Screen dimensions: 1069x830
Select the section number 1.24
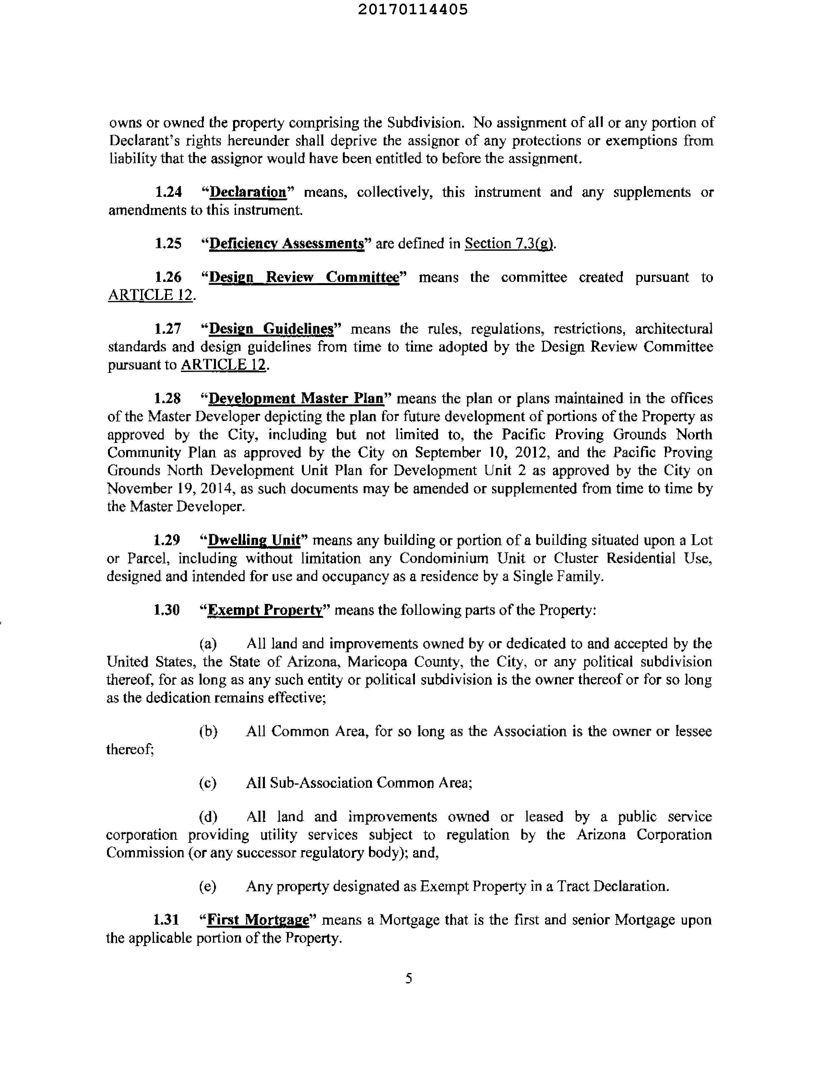click(168, 192)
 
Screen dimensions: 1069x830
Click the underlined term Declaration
click(248, 192)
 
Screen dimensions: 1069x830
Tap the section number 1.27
click(168, 329)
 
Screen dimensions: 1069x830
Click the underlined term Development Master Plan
click(296, 398)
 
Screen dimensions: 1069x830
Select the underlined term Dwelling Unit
click(254, 540)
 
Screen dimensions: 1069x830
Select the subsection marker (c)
click(207, 783)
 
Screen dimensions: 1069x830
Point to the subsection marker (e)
click(207, 886)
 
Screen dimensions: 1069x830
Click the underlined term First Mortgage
click(258, 920)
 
